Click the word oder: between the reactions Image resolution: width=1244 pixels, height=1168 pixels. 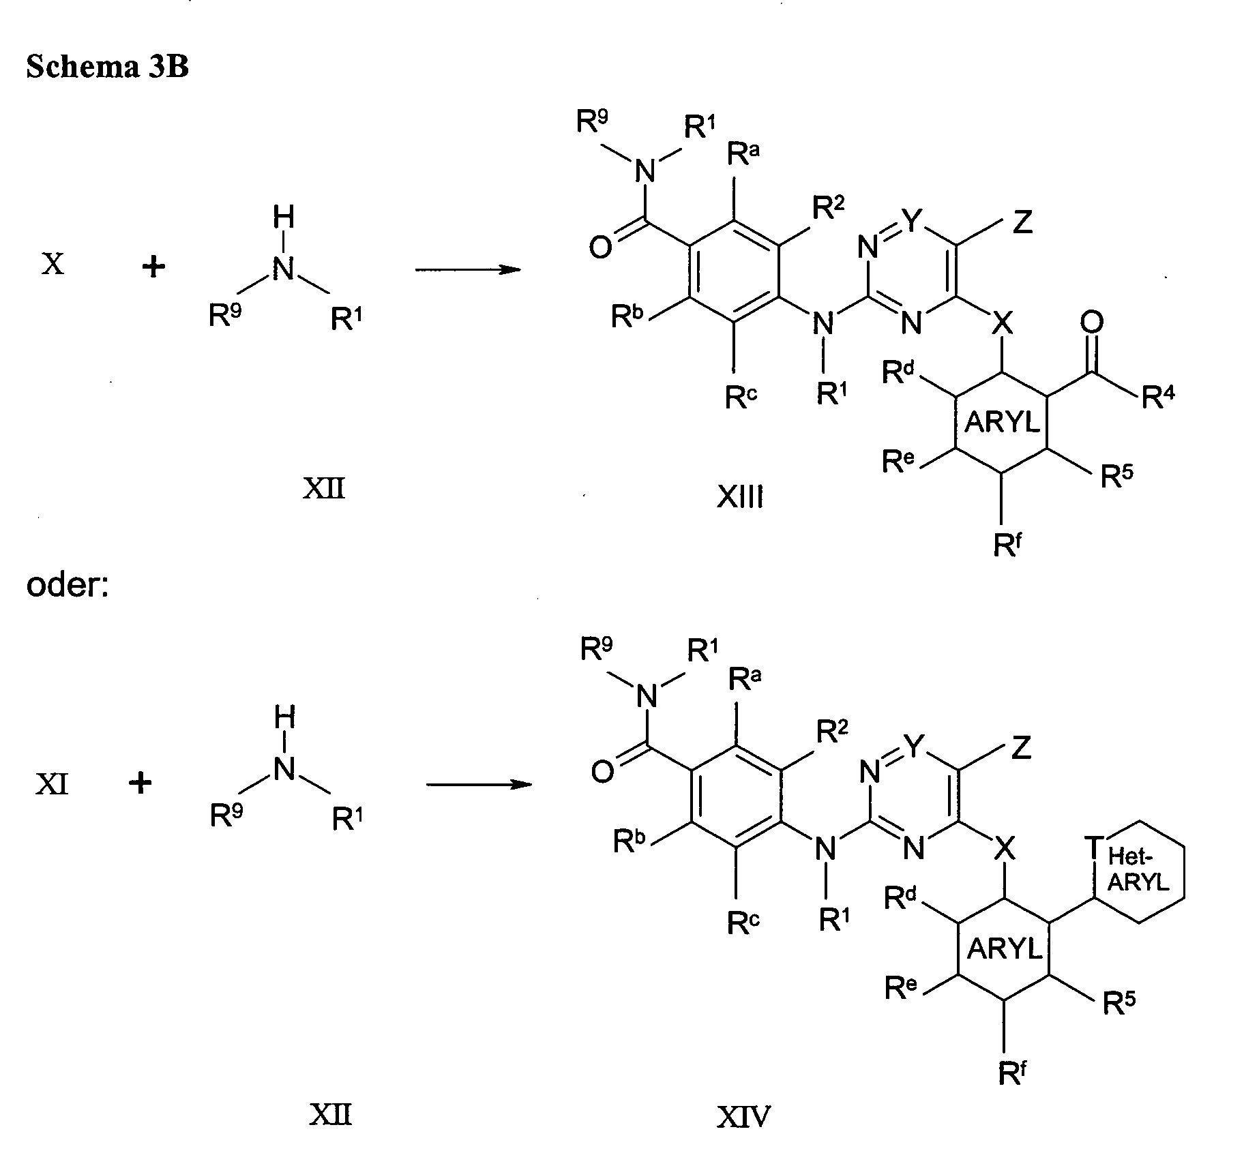point(68,585)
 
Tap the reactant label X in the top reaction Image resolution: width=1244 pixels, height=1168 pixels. point(53,264)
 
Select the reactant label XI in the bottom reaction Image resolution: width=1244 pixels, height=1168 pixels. point(52,785)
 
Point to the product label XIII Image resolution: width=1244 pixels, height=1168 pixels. point(740,498)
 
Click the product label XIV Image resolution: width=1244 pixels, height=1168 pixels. point(743,1118)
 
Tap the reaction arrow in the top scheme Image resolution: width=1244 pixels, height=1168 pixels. point(467,270)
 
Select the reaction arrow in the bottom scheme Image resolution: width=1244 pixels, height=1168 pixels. point(478,785)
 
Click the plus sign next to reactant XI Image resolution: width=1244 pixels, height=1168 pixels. point(140,783)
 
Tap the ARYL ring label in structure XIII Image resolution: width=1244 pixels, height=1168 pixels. point(1001,423)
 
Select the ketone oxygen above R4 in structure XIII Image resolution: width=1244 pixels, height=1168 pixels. point(1092,323)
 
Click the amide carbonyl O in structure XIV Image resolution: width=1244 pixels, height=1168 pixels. point(602,773)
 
